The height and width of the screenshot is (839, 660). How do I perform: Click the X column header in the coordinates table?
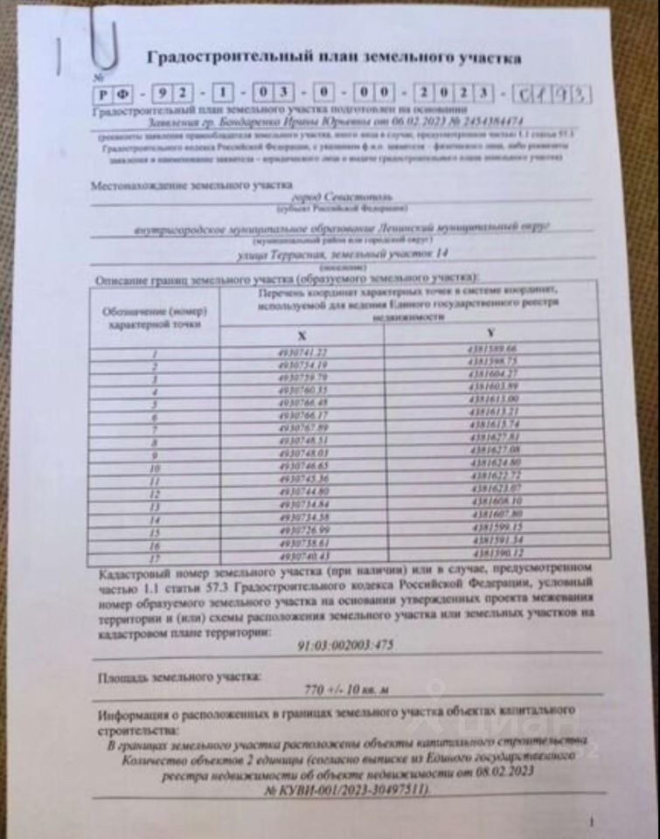tap(302, 336)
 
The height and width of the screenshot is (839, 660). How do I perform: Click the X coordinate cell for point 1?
tap(302, 351)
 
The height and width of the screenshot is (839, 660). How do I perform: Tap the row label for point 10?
tap(154, 468)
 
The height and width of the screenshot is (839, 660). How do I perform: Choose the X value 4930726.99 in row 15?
tap(302, 530)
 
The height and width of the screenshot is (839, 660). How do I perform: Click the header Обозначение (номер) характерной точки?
tap(154, 316)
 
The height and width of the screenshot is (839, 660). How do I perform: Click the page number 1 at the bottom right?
tap(592, 822)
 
